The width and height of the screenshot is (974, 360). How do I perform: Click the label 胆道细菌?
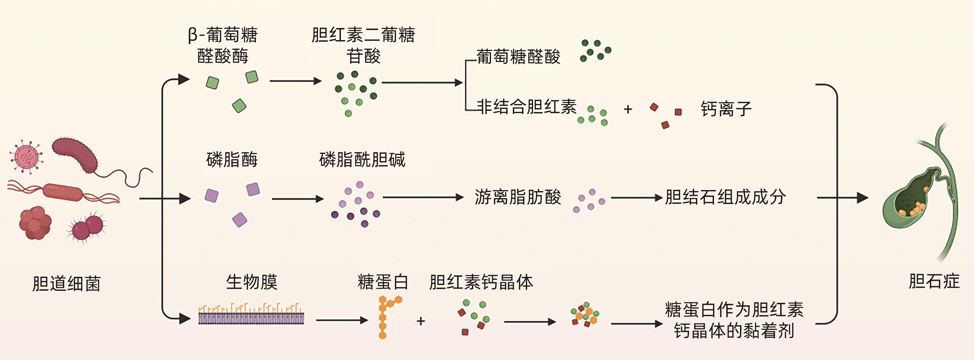66,284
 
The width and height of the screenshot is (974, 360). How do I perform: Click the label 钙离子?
726,109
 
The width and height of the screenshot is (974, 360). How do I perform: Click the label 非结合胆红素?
526,107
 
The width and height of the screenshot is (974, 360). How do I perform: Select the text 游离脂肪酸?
518,197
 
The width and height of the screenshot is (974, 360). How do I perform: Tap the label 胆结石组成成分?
725,197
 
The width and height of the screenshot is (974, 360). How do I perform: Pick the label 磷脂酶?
232,160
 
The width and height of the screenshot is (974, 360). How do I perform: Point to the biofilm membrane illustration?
251,315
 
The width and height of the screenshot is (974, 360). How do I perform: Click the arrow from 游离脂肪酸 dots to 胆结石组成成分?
636,197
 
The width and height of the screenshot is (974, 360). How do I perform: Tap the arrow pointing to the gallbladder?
843,197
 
